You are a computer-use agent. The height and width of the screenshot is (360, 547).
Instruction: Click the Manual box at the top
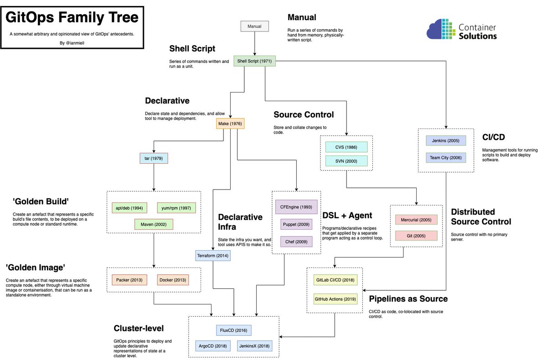coord(254,26)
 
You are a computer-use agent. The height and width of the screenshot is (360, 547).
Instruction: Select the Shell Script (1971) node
coord(254,61)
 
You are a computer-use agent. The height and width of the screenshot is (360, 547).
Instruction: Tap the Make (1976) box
coord(230,123)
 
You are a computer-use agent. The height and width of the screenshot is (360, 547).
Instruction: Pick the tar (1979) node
coord(154,159)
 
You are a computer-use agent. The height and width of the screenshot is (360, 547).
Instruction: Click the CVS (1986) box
coord(346,147)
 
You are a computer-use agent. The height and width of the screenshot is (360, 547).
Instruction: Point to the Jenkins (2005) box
coord(446,140)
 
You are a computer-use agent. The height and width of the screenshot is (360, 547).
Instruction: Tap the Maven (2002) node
coord(154,224)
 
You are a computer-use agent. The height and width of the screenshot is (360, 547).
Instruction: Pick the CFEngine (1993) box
coord(296,207)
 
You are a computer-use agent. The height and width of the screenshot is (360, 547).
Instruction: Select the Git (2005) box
coord(416,236)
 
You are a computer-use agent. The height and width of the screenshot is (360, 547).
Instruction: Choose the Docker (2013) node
coord(172,280)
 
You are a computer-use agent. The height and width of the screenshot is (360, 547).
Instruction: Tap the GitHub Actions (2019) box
coord(335,299)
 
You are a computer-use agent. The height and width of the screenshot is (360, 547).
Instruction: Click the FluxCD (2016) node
coord(233,330)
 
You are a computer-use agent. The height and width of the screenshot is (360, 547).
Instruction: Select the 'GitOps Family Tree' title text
coord(72,18)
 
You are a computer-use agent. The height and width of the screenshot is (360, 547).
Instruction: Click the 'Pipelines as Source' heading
coord(408,299)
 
